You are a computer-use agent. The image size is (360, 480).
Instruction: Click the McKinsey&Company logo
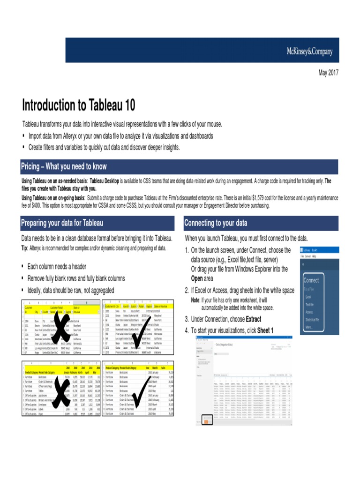click(x=309, y=52)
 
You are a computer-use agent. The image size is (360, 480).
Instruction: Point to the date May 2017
click(x=328, y=73)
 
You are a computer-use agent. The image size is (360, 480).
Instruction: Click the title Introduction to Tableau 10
click(x=79, y=105)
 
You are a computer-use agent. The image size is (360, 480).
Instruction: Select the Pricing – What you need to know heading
click(x=64, y=166)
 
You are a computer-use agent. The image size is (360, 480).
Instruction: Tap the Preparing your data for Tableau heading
click(x=62, y=223)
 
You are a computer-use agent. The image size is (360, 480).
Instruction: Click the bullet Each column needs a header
click(x=57, y=267)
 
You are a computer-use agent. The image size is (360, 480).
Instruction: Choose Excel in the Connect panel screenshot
click(x=308, y=297)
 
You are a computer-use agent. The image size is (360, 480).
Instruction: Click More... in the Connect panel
click(x=309, y=327)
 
